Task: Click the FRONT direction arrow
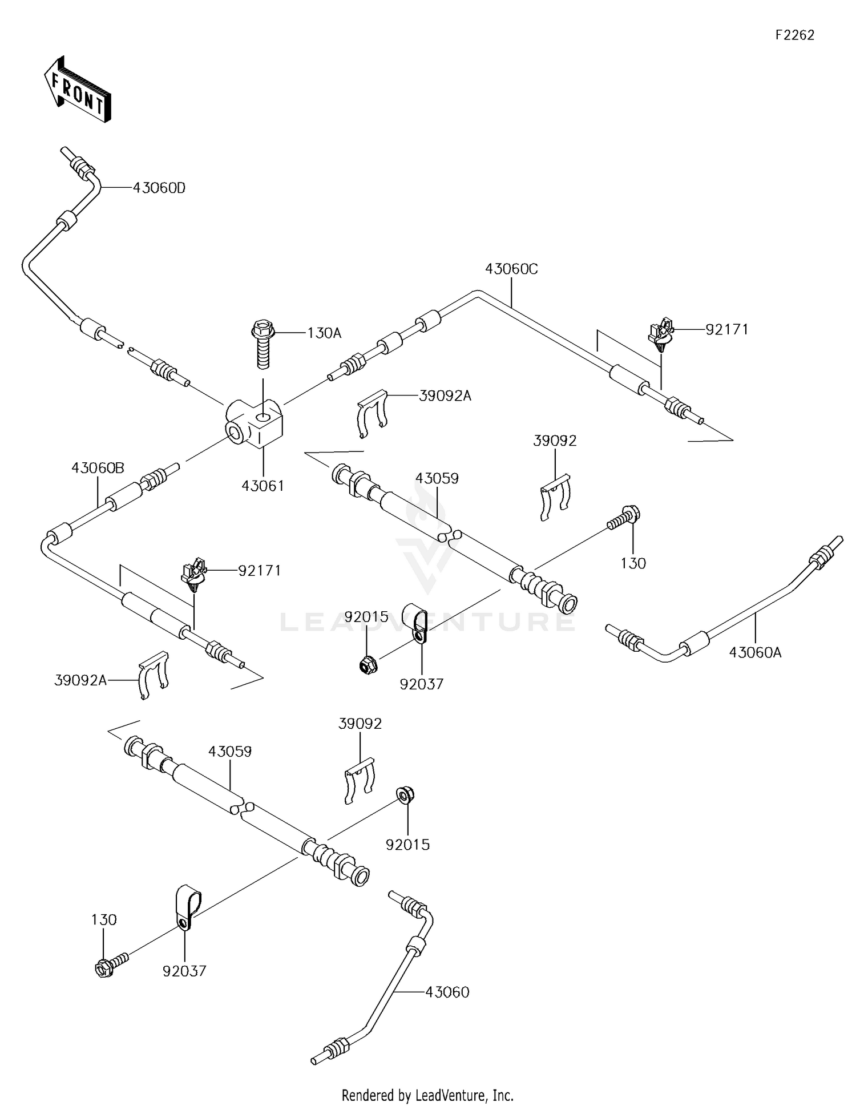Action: coord(77,90)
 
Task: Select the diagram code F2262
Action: coord(794,35)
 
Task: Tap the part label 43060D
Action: coord(159,188)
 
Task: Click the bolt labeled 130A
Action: coord(263,345)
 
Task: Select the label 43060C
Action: coord(511,269)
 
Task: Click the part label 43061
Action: coord(263,486)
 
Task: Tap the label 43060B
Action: coord(98,468)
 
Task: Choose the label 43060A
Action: coord(755,652)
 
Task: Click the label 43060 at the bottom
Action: coord(447,992)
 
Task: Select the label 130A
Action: coord(324,333)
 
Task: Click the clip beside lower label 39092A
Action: coord(154,674)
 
